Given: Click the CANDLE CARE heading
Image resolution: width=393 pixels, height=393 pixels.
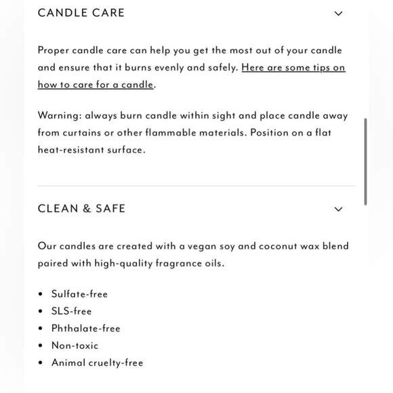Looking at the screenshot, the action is tap(81, 13).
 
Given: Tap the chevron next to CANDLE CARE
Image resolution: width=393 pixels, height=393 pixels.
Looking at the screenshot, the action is tap(339, 14).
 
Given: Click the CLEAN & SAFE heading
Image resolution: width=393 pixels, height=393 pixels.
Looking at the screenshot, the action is tap(82, 209).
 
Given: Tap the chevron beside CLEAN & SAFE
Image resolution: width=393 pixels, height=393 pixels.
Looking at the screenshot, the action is tap(339, 209).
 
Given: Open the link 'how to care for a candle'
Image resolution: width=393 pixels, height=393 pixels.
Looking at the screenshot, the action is tap(96, 85).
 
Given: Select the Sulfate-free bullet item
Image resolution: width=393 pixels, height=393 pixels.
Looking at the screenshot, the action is tap(79, 294).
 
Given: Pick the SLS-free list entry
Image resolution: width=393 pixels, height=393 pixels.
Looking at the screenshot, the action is tap(71, 311).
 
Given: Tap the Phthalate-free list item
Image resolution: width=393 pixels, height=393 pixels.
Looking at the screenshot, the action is tap(85, 329).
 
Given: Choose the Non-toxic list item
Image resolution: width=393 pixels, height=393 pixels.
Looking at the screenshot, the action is tap(75, 346).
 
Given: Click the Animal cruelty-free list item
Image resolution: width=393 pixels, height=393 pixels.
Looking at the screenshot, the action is tap(97, 363).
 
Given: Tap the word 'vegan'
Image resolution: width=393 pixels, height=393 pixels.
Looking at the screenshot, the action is tap(198, 246).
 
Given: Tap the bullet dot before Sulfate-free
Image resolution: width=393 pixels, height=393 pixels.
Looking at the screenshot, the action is tap(41, 294).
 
